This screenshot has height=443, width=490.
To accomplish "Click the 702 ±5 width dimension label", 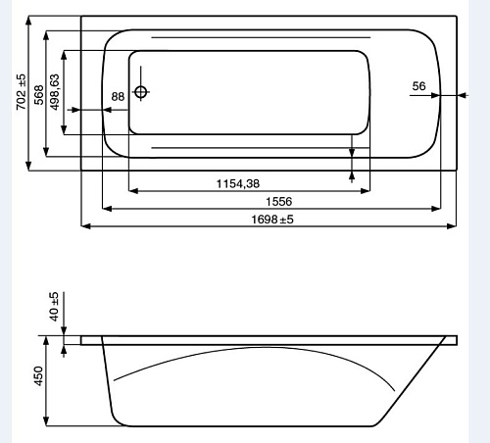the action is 22,92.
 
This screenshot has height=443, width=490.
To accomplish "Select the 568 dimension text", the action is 39,95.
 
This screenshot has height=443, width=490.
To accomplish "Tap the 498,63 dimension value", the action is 55,92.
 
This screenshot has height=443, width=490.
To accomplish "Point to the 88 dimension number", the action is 118,97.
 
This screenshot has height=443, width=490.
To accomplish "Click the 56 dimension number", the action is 418,86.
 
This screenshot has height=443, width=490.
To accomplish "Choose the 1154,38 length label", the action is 238,183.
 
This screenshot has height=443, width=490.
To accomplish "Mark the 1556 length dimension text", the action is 278,202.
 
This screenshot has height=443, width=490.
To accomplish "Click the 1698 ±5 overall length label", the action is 272,220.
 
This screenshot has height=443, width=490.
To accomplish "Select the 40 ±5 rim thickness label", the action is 54,307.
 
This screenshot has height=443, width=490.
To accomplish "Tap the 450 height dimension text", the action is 38,376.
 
